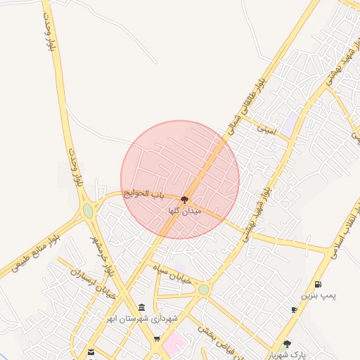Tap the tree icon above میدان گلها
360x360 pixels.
(184, 200)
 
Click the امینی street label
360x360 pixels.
(266, 129)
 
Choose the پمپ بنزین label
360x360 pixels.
(319, 295)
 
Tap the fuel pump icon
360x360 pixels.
(319, 285)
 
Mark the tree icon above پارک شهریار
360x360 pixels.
(286, 345)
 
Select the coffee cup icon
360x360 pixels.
(294, 310)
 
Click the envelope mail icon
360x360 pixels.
(91, 352)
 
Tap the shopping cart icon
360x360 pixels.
(157, 340)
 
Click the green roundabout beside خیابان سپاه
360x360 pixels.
(203, 290)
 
